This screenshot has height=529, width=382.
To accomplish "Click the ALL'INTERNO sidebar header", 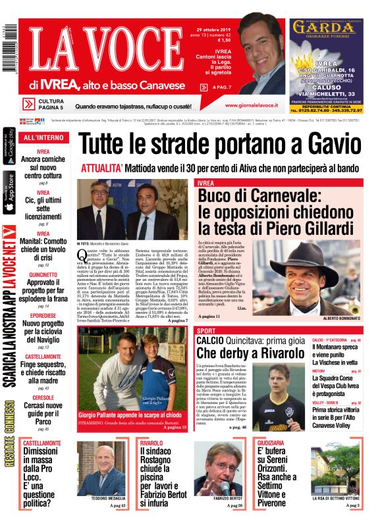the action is pyautogui.click(x=43, y=138).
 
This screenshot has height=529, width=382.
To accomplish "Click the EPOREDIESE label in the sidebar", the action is pyautogui.click(x=43, y=315).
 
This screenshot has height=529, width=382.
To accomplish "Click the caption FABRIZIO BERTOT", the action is pyautogui.click(x=228, y=498).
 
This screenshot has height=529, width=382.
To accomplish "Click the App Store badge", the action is pyautogui.click(x=9, y=191).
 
